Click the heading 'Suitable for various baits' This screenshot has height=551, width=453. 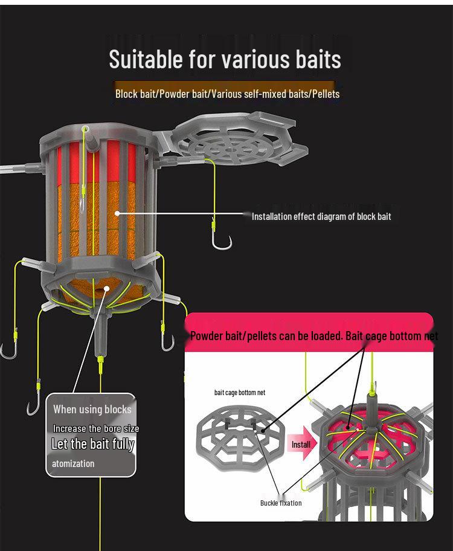click(225, 59)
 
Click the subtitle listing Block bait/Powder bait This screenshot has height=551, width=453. click(227, 94)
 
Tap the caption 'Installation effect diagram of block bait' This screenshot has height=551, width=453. click(321, 216)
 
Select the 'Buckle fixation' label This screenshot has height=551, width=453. click(281, 503)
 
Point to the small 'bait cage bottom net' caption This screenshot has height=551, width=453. click(240, 392)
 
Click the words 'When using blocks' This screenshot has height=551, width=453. click(92, 409)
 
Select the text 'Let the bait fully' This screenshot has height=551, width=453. click(92, 444)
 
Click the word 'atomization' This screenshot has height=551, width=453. click(73, 463)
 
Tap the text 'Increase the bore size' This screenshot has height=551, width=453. click(96, 428)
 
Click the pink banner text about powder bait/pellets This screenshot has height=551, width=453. click(314, 336)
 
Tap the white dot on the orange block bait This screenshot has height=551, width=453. click(117, 213)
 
